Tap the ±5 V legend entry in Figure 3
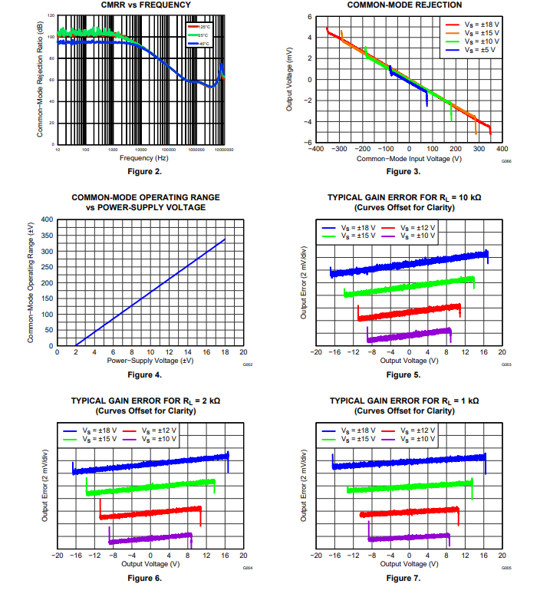[x=470, y=51]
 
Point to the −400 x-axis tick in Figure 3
[x=315, y=149]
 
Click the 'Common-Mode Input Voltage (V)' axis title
[x=408, y=158]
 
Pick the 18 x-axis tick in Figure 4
[x=226, y=352]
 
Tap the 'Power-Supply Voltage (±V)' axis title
[x=140, y=360]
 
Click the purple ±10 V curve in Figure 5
[x=409, y=335]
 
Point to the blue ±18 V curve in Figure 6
[x=150, y=463]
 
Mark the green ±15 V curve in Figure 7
[x=410, y=487]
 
